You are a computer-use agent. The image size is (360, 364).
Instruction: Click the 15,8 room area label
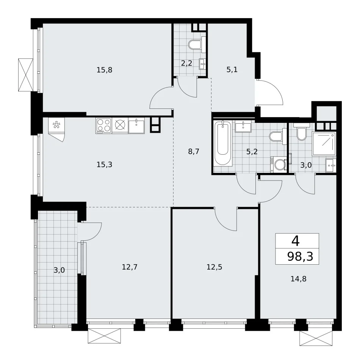click(104, 70)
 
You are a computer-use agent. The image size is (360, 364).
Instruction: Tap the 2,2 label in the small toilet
click(186, 63)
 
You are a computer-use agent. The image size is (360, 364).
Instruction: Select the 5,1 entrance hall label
click(232, 69)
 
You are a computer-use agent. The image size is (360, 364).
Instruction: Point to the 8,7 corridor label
click(194, 152)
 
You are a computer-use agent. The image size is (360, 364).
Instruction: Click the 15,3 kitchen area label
click(104, 165)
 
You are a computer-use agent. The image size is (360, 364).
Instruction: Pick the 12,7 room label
click(130, 267)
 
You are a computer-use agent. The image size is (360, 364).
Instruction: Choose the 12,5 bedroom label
click(214, 267)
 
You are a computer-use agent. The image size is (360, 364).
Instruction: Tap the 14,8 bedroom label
click(299, 279)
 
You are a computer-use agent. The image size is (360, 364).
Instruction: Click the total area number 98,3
click(300, 257)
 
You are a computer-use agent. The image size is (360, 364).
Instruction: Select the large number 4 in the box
click(296, 241)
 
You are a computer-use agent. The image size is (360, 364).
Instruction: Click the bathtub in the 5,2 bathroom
click(223, 143)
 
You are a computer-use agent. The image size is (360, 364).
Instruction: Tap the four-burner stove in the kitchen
click(104, 126)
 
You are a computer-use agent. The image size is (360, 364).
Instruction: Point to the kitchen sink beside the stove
click(136, 126)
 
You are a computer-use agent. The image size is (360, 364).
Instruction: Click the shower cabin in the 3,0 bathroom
click(324, 143)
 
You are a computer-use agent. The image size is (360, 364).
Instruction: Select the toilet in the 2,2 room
click(195, 44)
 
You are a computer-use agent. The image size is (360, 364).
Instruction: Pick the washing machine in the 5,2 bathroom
click(279, 165)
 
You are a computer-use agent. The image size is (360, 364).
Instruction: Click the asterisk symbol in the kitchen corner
click(56, 126)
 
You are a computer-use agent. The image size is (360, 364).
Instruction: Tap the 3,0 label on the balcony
click(59, 270)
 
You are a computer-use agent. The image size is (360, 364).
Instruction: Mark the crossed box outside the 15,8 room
click(26, 75)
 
